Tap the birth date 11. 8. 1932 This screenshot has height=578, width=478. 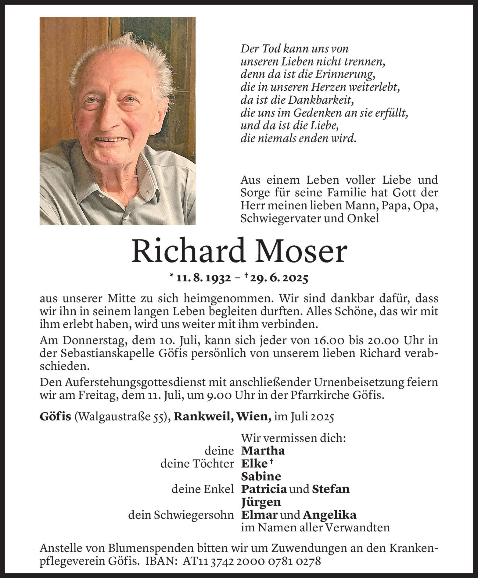coord(204,278)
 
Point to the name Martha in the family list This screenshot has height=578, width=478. coord(263,451)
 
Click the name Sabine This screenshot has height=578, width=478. coord(261,476)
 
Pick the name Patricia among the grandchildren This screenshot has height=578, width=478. coord(264,489)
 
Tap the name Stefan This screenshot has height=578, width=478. coord(331,489)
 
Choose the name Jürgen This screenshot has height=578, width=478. coord(261,502)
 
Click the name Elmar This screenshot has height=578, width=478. coord(259,515)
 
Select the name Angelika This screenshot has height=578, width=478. coord(329,515)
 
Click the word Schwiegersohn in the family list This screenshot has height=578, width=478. coord(194,515)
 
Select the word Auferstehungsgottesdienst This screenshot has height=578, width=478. coord(115,382)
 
